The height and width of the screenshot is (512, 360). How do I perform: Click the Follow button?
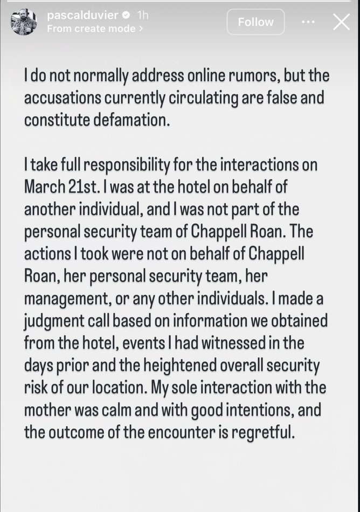point(255,22)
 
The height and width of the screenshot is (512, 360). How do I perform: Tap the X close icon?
point(342,22)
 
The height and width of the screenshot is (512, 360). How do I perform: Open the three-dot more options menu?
point(308,22)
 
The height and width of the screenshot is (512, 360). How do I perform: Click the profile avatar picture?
point(24,22)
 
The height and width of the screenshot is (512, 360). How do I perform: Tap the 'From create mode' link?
point(95,29)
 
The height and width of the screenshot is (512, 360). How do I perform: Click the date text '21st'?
point(74,186)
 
